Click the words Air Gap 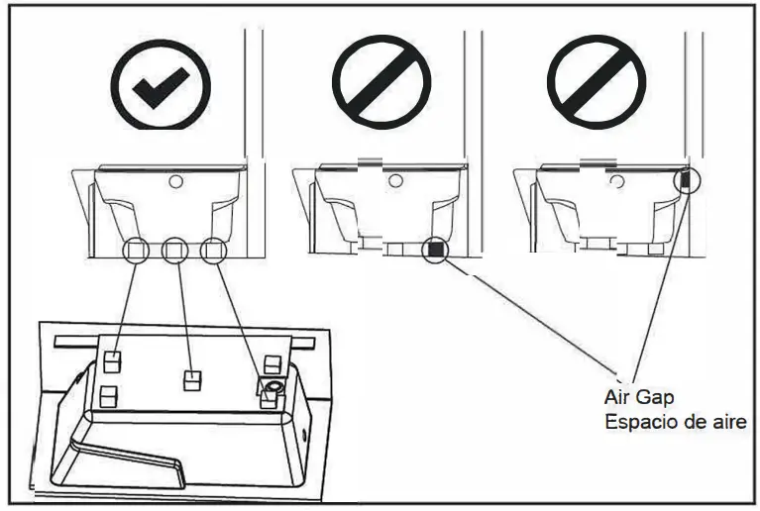pyautogui.click(x=638, y=397)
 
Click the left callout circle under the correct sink pyautogui.click(x=137, y=250)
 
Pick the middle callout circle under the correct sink pyautogui.click(x=174, y=250)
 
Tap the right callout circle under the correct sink pyautogui.click(x=212, y=250)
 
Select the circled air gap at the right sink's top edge pyautogui.click(x=686, y=179)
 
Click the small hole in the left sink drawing pyautogui.click(x=175, y=181)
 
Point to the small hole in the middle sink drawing pyautogui.click(x=395, y=181)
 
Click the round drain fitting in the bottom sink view pyautogui.click(x=270, y=383)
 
